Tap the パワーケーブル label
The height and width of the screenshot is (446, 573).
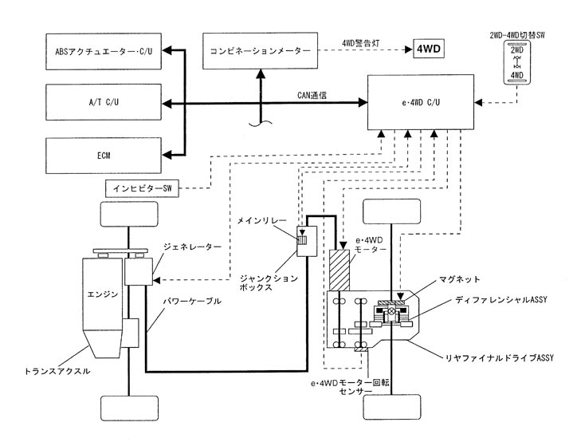coord(189,302)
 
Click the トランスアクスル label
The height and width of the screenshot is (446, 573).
coord(57,371)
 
